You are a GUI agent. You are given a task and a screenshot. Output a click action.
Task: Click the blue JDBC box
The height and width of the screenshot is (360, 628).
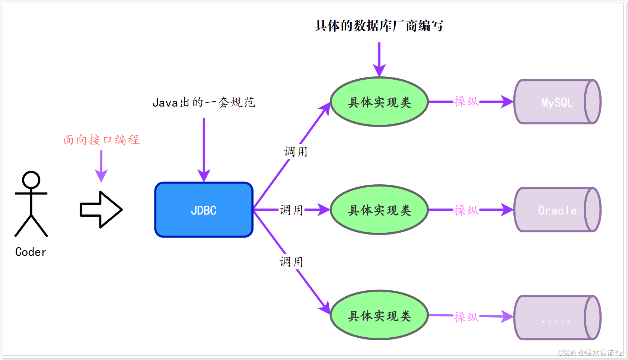(204, 210)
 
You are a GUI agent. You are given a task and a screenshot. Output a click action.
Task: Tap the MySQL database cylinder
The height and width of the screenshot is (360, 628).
(557, 102)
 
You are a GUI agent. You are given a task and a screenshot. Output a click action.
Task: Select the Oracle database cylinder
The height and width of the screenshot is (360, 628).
(557, 210)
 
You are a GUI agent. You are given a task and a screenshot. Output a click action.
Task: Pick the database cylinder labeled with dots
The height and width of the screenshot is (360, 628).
(557, 318)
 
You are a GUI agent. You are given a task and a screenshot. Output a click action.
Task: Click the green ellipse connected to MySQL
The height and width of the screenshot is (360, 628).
(379, 102)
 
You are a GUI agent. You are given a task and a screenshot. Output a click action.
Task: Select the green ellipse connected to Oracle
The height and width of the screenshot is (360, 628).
(379, 210)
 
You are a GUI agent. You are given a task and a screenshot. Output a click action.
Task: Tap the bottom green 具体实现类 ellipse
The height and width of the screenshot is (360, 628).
(379, 315)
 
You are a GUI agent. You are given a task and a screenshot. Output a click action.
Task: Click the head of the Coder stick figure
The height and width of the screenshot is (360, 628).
(31, 180)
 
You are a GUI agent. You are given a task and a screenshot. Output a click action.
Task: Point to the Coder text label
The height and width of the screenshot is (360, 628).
(31, 252)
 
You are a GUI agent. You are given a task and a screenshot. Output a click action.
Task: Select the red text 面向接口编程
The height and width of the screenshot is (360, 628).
(101, 140)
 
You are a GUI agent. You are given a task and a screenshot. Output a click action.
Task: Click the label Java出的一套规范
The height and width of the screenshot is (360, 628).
(204, 102)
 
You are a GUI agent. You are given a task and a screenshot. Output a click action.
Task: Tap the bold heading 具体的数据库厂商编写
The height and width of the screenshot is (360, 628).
(379, 26)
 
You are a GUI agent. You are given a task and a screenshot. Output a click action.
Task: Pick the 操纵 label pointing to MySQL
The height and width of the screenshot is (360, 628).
(466, 101)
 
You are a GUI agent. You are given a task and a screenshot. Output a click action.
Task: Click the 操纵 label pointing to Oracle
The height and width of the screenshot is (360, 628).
(466, 210)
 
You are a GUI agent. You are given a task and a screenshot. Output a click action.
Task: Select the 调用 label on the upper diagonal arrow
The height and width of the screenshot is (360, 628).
(296, 152)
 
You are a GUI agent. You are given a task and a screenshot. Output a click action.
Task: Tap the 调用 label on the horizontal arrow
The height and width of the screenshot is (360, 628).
(291, 210)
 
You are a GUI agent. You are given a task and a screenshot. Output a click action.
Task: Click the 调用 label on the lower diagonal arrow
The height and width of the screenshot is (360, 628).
(291, 262)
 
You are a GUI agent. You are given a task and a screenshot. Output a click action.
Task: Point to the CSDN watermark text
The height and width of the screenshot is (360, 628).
(590, 353)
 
